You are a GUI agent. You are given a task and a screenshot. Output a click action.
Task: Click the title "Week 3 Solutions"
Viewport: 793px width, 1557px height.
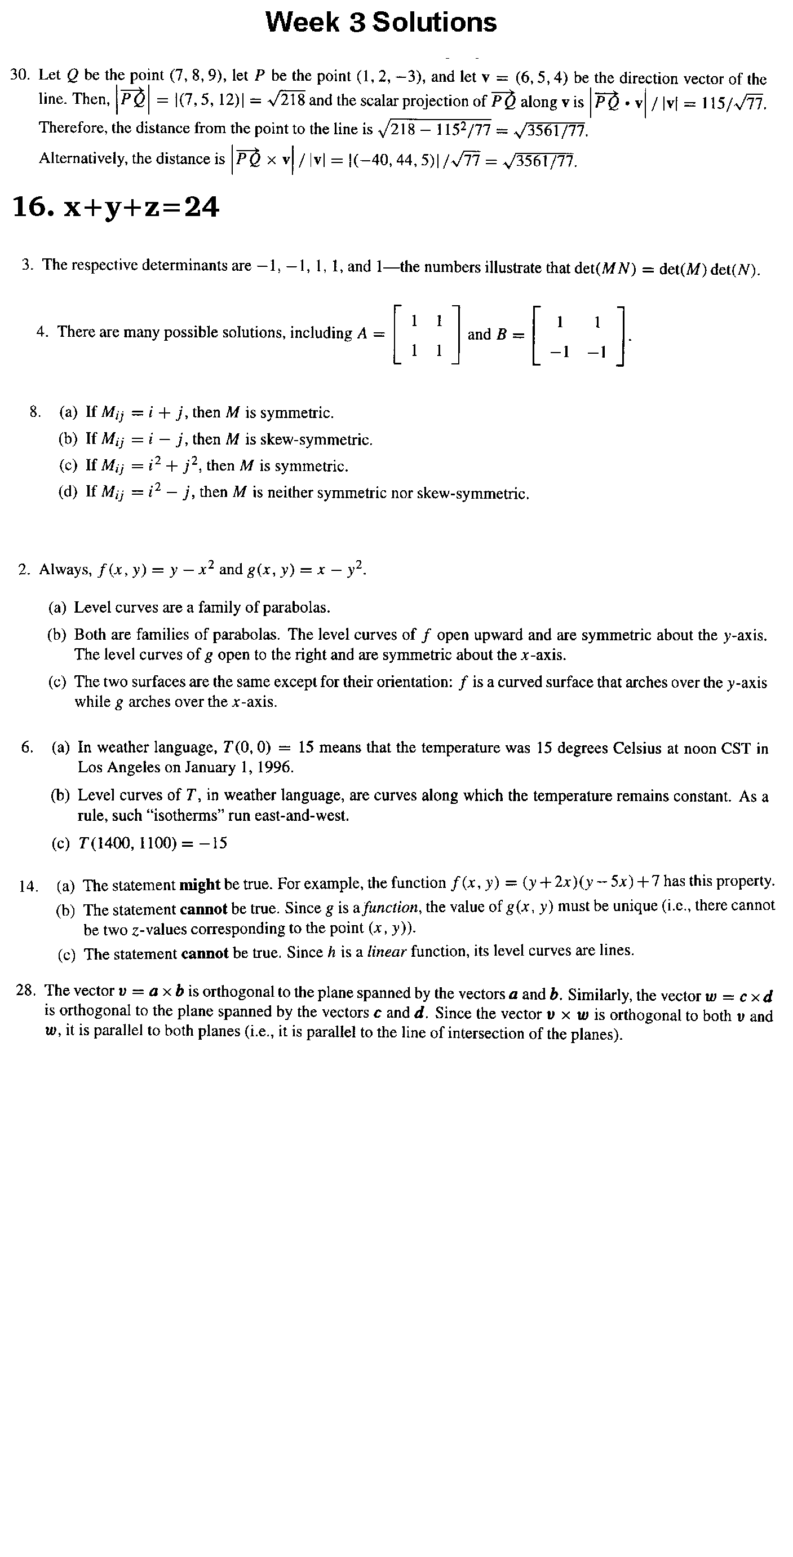tap(381, 23)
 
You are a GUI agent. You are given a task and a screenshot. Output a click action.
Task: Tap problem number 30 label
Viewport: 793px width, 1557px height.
tap(20, 75)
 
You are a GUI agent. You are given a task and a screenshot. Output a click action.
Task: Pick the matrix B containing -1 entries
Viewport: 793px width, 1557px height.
tap(579, 336)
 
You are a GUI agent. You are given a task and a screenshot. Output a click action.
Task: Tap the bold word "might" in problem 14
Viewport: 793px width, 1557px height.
tap(200, 885)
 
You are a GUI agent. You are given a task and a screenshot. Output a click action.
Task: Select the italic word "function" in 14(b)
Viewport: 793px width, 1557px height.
tap(398, 907)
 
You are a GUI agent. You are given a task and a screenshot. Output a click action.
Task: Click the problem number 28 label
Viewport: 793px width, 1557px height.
tap(25, 991)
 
